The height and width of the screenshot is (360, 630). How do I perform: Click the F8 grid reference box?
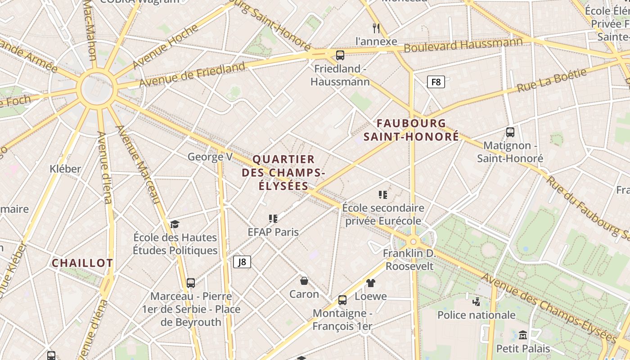(436, 82)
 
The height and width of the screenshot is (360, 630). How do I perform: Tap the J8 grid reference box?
(242, 262)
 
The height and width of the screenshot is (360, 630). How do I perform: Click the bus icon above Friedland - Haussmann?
(340, 55)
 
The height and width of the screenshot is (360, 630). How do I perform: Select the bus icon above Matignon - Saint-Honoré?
(510, 132)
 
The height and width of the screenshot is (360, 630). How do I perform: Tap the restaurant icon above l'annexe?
(376, 28)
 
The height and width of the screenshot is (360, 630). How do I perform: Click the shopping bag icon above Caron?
(304, 281)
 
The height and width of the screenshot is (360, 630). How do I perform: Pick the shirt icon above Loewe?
(370, 283)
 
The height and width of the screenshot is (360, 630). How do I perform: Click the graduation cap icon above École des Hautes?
(175, 224)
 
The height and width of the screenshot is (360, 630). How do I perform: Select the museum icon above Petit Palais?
(523, 335)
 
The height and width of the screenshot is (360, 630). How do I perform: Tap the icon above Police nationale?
(476, 301)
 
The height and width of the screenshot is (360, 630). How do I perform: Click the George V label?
(210, 157)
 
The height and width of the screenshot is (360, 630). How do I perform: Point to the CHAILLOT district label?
(82, 263)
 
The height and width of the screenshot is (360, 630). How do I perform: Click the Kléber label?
(65, 169)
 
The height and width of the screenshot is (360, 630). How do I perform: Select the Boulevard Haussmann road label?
(463, 45)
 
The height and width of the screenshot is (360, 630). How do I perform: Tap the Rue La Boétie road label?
(552, 80)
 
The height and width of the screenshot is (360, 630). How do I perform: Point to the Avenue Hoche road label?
(166, 47)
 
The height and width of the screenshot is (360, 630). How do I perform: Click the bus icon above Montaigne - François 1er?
(342, 300)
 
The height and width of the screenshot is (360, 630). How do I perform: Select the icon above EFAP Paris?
(273, 219)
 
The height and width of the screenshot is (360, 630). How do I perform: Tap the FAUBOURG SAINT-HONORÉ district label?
(411, 130)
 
